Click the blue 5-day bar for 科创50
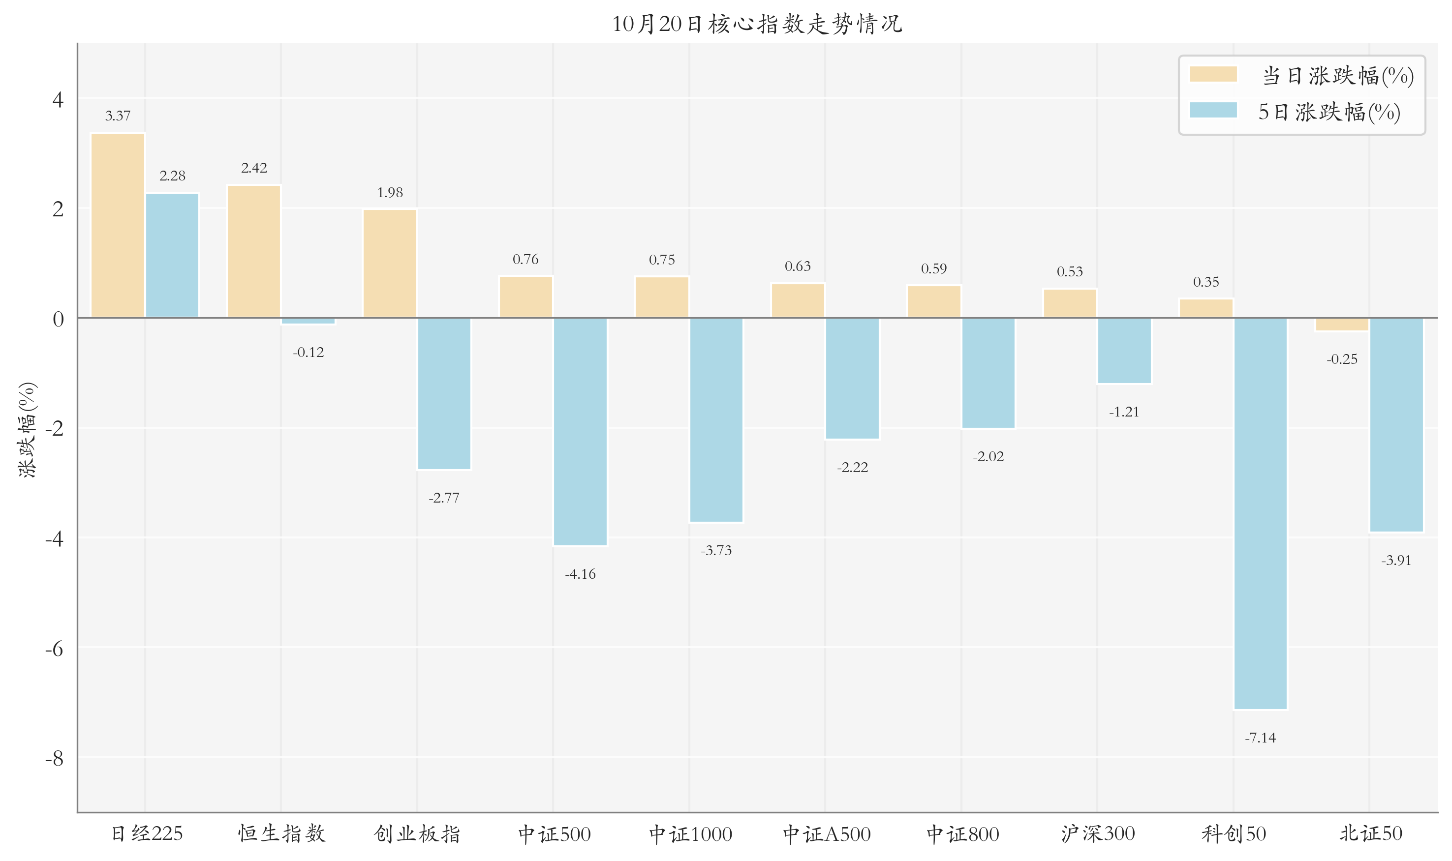click(1261, 513)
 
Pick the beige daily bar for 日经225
click(118, 225)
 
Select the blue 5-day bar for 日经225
click(172, 255)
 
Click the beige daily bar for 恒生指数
click(254, 251)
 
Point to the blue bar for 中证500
click(580, 432)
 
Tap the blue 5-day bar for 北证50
click(1396, 425)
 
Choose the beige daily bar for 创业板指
click(390, 264)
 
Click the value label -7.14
click(1261, 738)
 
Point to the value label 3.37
click(118, 116)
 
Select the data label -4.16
click(580, 574)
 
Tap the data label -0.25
click(1342, 358)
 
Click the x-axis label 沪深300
click(1097, 834)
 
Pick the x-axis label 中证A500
click(826, 834)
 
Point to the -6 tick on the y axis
click(55, 648)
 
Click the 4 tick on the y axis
click(58, 99)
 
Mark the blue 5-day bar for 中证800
click(988, 373)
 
